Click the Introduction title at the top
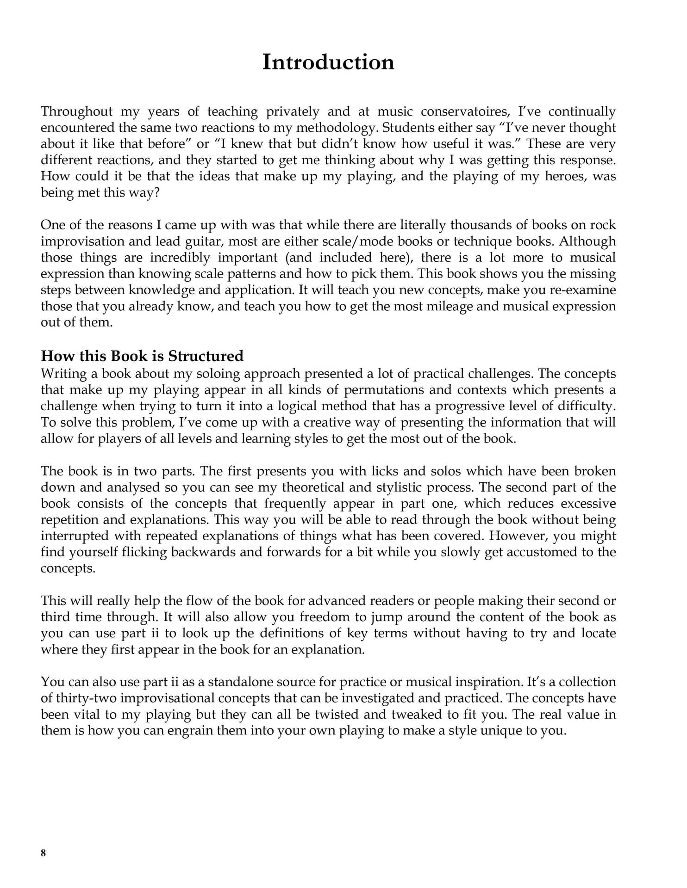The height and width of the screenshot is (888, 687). tap(328, 62)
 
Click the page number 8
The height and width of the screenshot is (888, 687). tap(44, 853)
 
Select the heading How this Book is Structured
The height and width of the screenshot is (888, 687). tap(142, 356)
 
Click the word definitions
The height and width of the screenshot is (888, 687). tap(300, 633)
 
